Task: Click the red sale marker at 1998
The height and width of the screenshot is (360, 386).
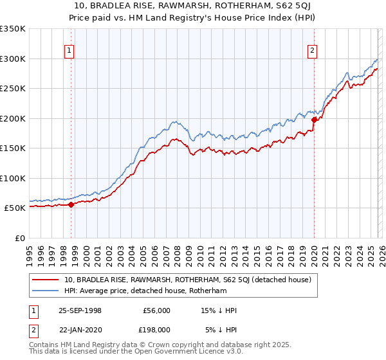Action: tap(71, 204)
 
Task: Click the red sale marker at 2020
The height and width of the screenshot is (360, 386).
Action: tap(314, 120)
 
